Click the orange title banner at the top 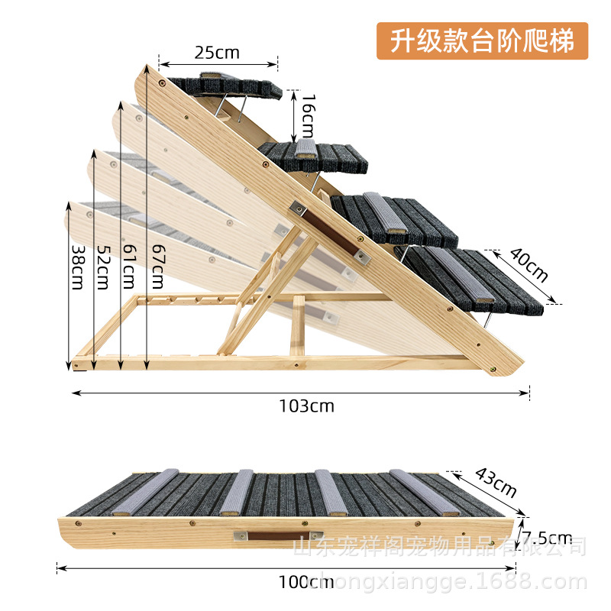point(482,40)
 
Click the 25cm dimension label point(217,53)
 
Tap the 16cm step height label point(307,112)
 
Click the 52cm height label point(102,266)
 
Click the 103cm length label point(305,406)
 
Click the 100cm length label point(305,582)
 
